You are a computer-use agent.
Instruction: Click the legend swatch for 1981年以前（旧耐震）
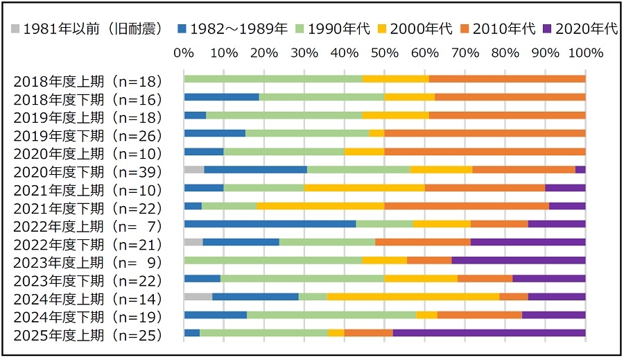coord(16,28)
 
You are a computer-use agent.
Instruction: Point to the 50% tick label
coord(385,53)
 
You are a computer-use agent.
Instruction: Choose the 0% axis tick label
coord(184,53)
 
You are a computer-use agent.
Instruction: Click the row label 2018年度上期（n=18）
coord(87,80)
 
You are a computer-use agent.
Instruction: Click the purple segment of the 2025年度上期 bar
coord(489,333)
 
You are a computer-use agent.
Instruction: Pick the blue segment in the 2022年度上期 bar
coord(270,224)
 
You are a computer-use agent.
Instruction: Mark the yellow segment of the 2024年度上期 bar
coord(413,297)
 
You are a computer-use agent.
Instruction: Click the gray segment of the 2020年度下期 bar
coord(193,169)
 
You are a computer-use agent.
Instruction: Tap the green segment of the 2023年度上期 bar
coord(272,261)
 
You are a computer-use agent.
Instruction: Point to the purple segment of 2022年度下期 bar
coord(528,242)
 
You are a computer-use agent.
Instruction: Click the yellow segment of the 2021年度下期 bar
coord(320,206)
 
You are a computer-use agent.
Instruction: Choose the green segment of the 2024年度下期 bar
coord(331,315)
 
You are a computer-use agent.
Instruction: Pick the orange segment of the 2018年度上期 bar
coord(507,79)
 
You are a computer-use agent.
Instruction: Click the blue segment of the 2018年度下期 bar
coord(221,97)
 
